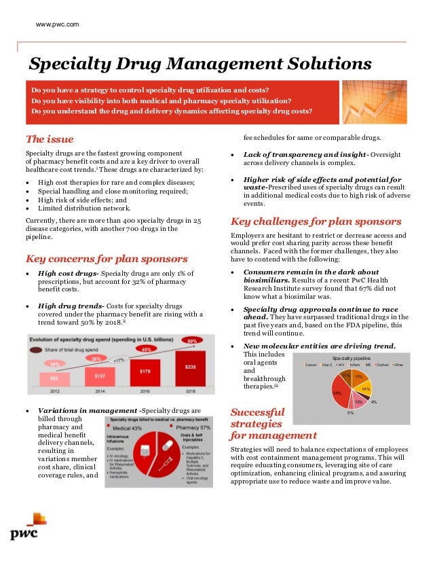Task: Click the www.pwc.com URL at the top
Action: pyautogui.click(x=57, y=24)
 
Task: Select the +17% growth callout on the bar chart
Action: pyautogui.click(x=119, y=359)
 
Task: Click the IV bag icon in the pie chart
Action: pyautogui.click(x=145, y=450)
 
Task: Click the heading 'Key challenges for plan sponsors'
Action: pyautogui.click(x=316, y=221)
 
